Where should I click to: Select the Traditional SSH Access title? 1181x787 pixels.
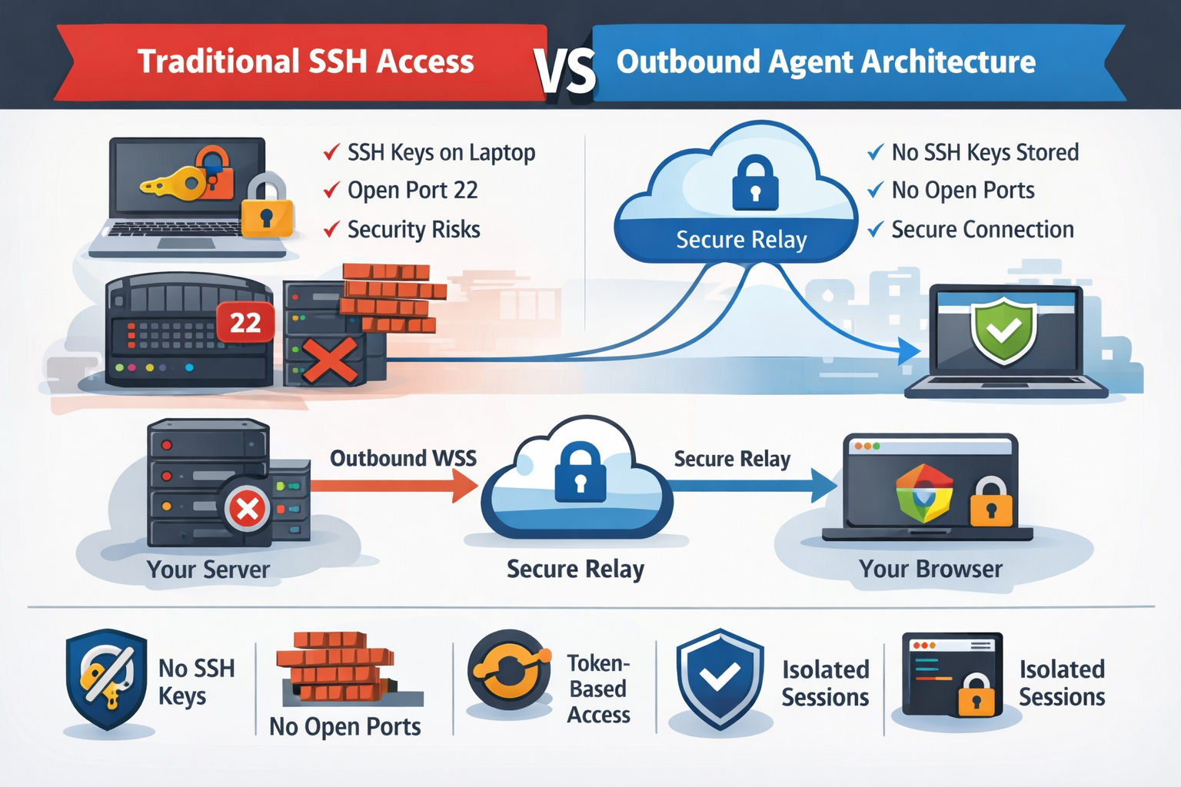point(305,61)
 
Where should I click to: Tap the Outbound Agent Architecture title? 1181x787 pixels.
point(826,61)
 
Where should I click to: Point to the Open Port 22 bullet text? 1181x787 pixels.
point(412,190)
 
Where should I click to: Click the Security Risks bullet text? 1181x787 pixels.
point(414,229)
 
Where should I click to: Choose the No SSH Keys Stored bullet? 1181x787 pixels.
point(984,152)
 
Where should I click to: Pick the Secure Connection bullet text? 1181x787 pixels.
point(982,229)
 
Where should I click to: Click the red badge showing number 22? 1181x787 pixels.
point(245,323)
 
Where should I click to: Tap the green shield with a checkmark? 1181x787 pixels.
point(1003,331)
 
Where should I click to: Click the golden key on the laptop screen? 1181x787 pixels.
point(171,183)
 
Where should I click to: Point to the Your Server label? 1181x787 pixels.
point(208,569)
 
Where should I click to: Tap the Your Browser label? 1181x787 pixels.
point(930,569)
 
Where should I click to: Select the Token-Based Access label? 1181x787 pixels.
point(598,689)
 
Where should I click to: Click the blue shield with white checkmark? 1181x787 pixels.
point(720,676)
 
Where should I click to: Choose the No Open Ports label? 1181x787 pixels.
point(344,726)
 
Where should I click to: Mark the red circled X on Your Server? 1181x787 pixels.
point(247,508)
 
